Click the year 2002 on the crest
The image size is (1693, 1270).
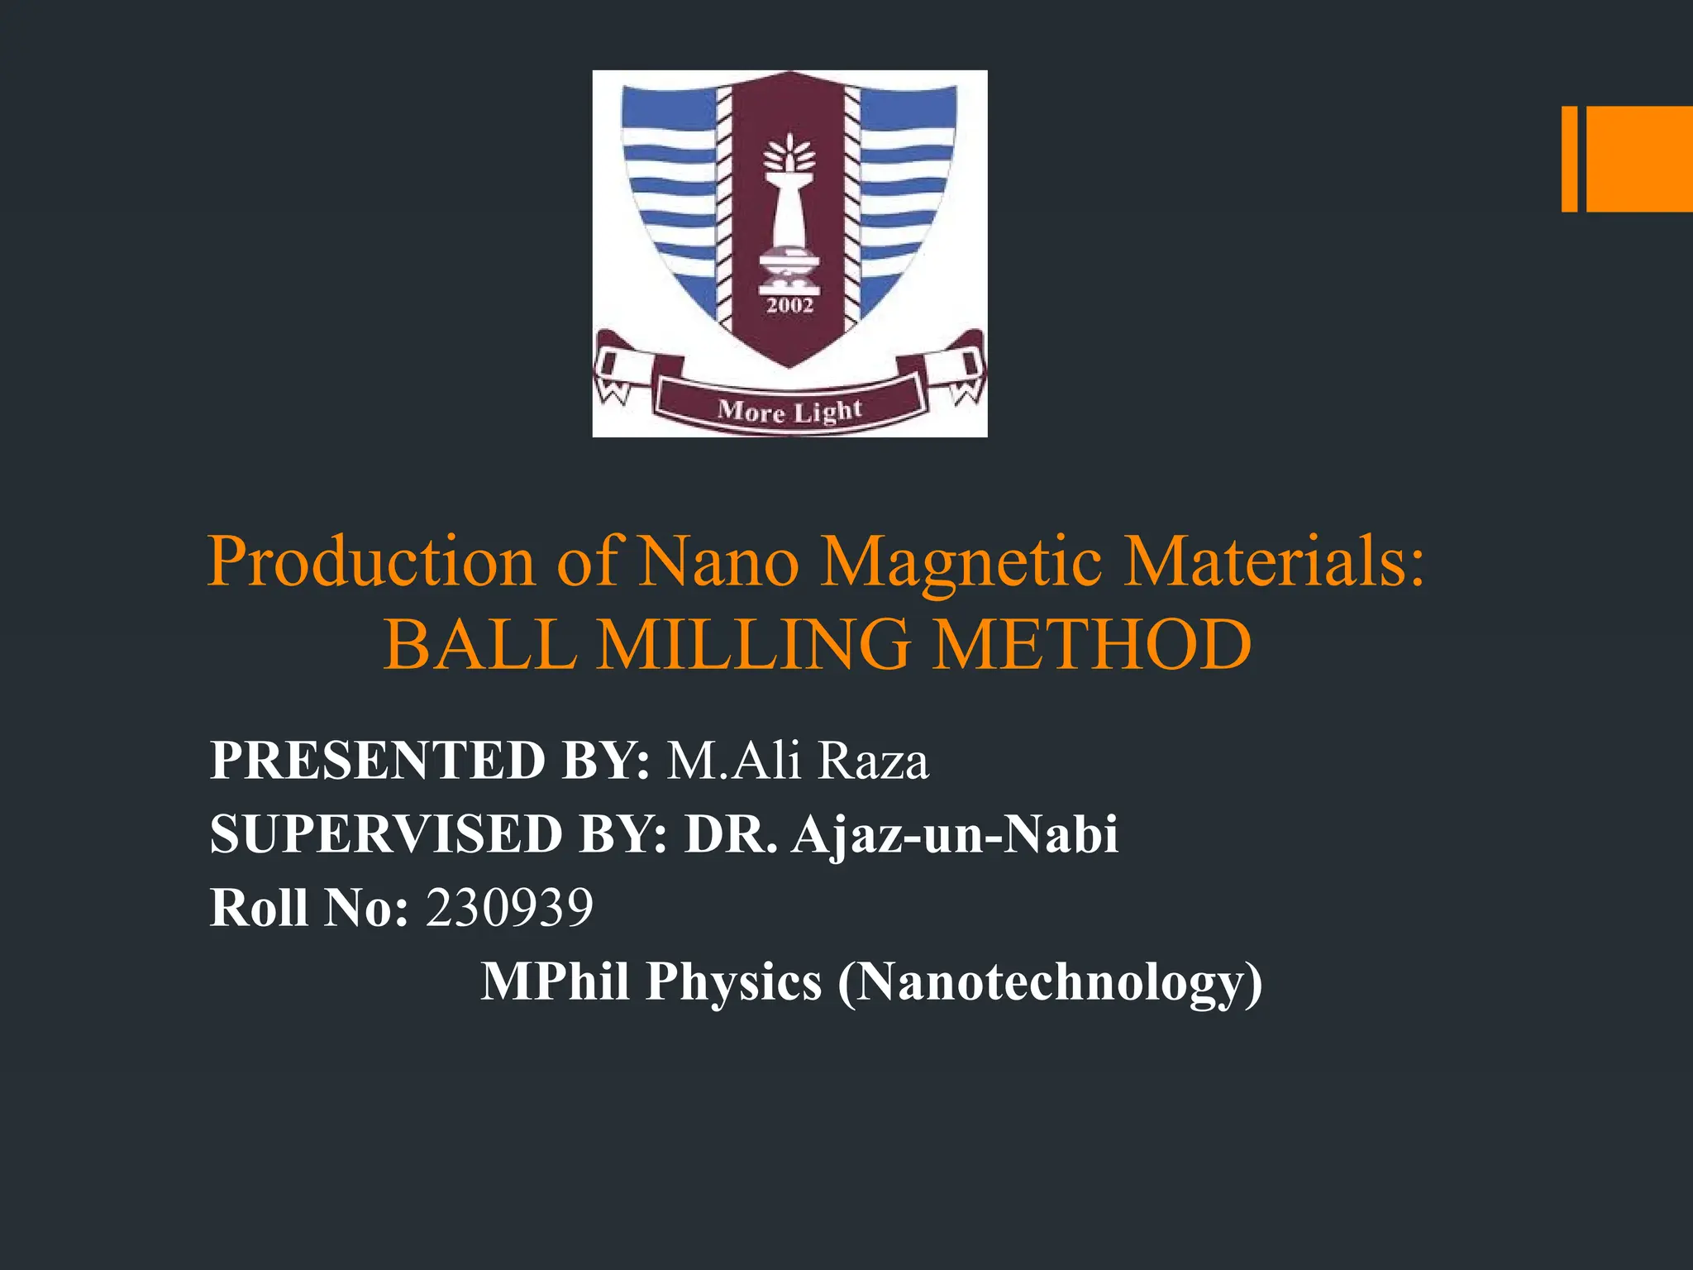click(789, 305)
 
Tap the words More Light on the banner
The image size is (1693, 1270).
click(789, 410)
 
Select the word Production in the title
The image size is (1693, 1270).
click(371, 562)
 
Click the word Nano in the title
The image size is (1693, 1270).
click(719, 562)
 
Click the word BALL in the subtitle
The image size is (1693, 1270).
click(479, 645)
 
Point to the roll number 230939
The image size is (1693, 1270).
click(509, 907)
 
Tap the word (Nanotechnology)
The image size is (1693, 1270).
click(1050, 981)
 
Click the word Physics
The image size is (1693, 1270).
click(734, 981)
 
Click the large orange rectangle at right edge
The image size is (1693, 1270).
click(1639, 159)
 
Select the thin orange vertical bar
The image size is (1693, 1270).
click(1569, 159)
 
